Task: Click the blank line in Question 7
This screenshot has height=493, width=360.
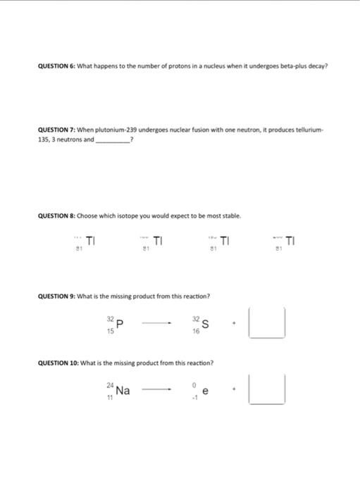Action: tap(112, 142)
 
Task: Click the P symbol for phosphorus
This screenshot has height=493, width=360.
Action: tap(120, 324)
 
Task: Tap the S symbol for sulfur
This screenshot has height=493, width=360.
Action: tap(205, 324)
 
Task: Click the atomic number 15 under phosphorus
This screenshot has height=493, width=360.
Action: tap(109, 330)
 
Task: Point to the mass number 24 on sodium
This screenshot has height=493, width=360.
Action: tap(110, 385)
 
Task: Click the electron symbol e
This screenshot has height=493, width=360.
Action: tap(205, 391)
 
